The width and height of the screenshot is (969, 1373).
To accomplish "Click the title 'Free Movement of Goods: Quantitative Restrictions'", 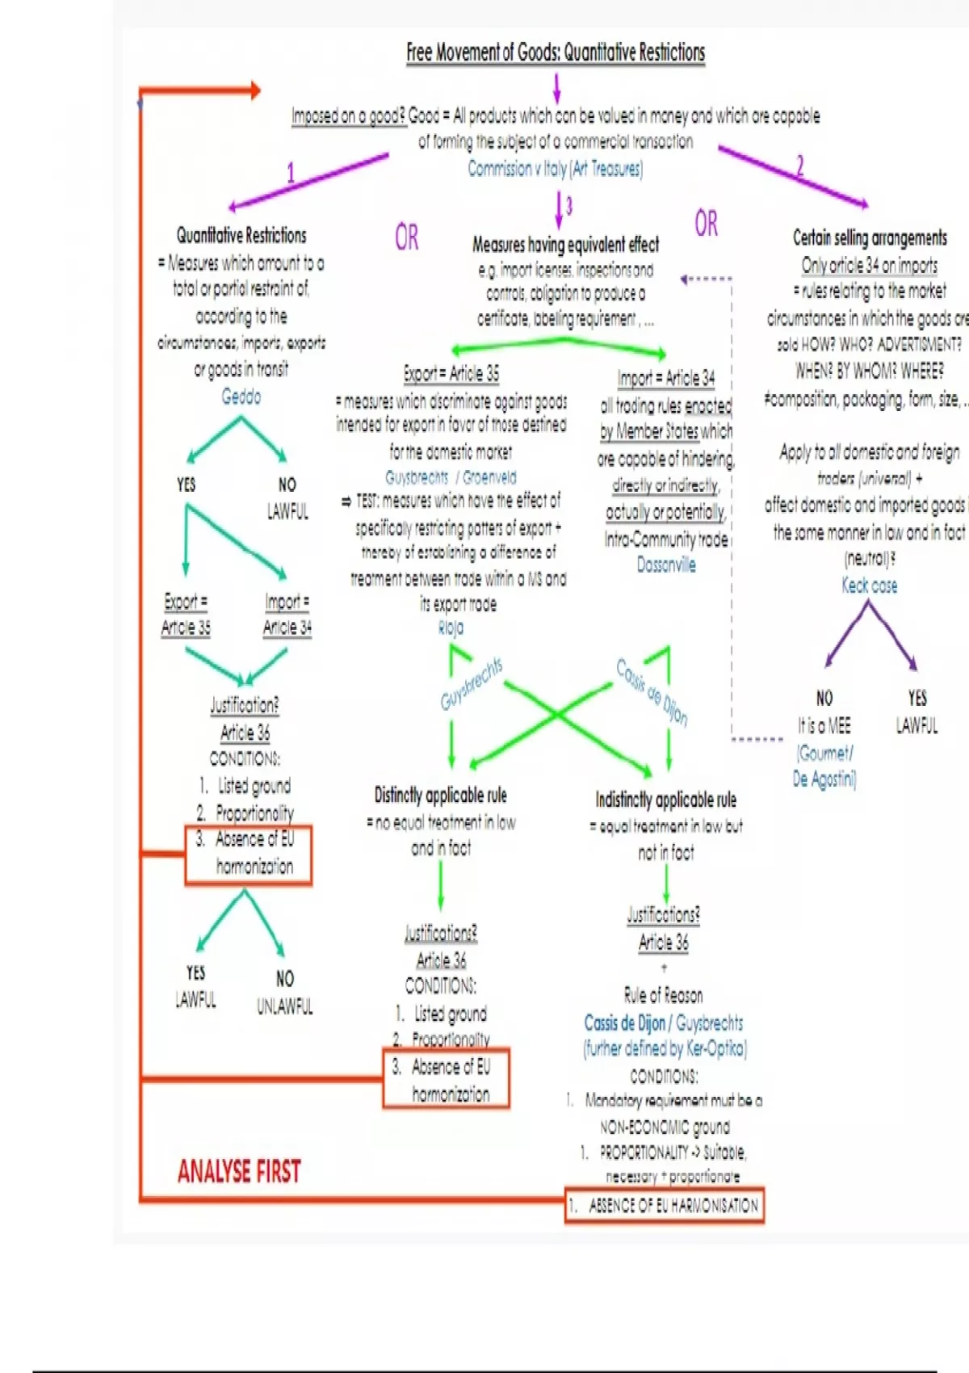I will pos(556,52).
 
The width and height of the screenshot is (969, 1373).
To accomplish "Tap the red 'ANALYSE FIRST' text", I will pos(239,1171).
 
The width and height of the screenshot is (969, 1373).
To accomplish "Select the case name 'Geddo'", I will pos(241,397).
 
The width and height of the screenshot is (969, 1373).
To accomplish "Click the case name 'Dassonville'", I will pos(666,565).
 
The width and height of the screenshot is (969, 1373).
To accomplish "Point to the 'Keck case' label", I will pos(869,586).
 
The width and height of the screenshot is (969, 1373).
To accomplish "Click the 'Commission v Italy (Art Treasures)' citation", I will pos(556,168).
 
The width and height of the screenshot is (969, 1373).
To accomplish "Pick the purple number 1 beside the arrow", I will pos(291,172).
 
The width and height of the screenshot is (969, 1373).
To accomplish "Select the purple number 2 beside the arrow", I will pos(799,166).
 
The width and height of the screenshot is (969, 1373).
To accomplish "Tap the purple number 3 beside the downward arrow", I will pos(568,206).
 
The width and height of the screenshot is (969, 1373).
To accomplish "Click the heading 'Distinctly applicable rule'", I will pos(441,796).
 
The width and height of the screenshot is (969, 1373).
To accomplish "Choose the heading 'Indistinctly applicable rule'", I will pos(666,800).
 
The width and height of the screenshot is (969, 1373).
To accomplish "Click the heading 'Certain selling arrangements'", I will pos(870,237).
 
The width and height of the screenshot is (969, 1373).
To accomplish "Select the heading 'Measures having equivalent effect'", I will pos(565,244).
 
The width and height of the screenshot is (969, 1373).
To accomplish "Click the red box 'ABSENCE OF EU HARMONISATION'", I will pos(665,1206).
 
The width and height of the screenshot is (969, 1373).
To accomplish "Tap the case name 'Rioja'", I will pos(451,628).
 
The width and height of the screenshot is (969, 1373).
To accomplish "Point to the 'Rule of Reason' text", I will pos(663,995).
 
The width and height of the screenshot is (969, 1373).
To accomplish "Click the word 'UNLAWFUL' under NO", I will pos(284,1006).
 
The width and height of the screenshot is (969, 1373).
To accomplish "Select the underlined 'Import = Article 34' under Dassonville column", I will pos(666,378).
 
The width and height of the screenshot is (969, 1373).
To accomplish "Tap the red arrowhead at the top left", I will pos(254,90).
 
